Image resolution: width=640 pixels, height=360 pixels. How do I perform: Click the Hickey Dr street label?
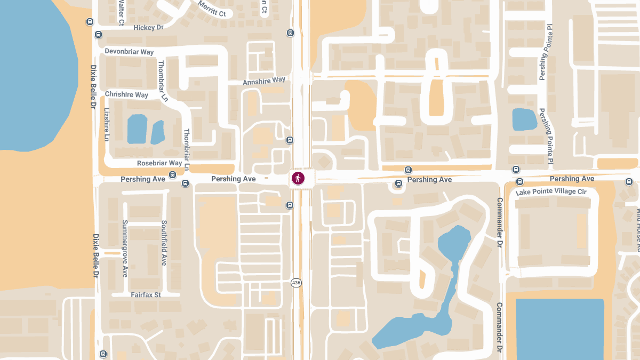(x=148, y=27)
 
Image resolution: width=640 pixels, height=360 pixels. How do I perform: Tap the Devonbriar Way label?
(x=129, y=52)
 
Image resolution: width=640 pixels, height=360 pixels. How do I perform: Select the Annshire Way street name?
(x=264, y=81)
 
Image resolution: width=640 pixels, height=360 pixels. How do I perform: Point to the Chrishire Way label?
(x=126, y=94)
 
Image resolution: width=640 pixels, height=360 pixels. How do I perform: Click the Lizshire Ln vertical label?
(x=107, y=124)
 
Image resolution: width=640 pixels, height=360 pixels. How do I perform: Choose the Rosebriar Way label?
(x=159, y=163)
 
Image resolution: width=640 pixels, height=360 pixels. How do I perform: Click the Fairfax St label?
(x=146, y=294)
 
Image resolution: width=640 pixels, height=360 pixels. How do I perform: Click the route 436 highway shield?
(x=297, y=282)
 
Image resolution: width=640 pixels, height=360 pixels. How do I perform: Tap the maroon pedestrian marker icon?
(x=298, y=178)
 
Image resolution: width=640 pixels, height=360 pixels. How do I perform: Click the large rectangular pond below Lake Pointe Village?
(x=560, y=328)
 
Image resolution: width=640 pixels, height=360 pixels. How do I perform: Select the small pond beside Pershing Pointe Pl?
(x=524, y=119)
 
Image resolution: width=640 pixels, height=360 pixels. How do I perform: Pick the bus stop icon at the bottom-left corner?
(x=103, y=354)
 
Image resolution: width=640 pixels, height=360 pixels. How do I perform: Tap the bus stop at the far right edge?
(x=629, y=182)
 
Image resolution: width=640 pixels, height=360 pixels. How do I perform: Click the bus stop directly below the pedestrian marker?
(x=290, y=205)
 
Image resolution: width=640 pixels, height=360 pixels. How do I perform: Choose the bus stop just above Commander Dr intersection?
(x=516, y=169)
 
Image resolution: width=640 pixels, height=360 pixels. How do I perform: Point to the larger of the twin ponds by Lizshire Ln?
(x=137, y=129)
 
